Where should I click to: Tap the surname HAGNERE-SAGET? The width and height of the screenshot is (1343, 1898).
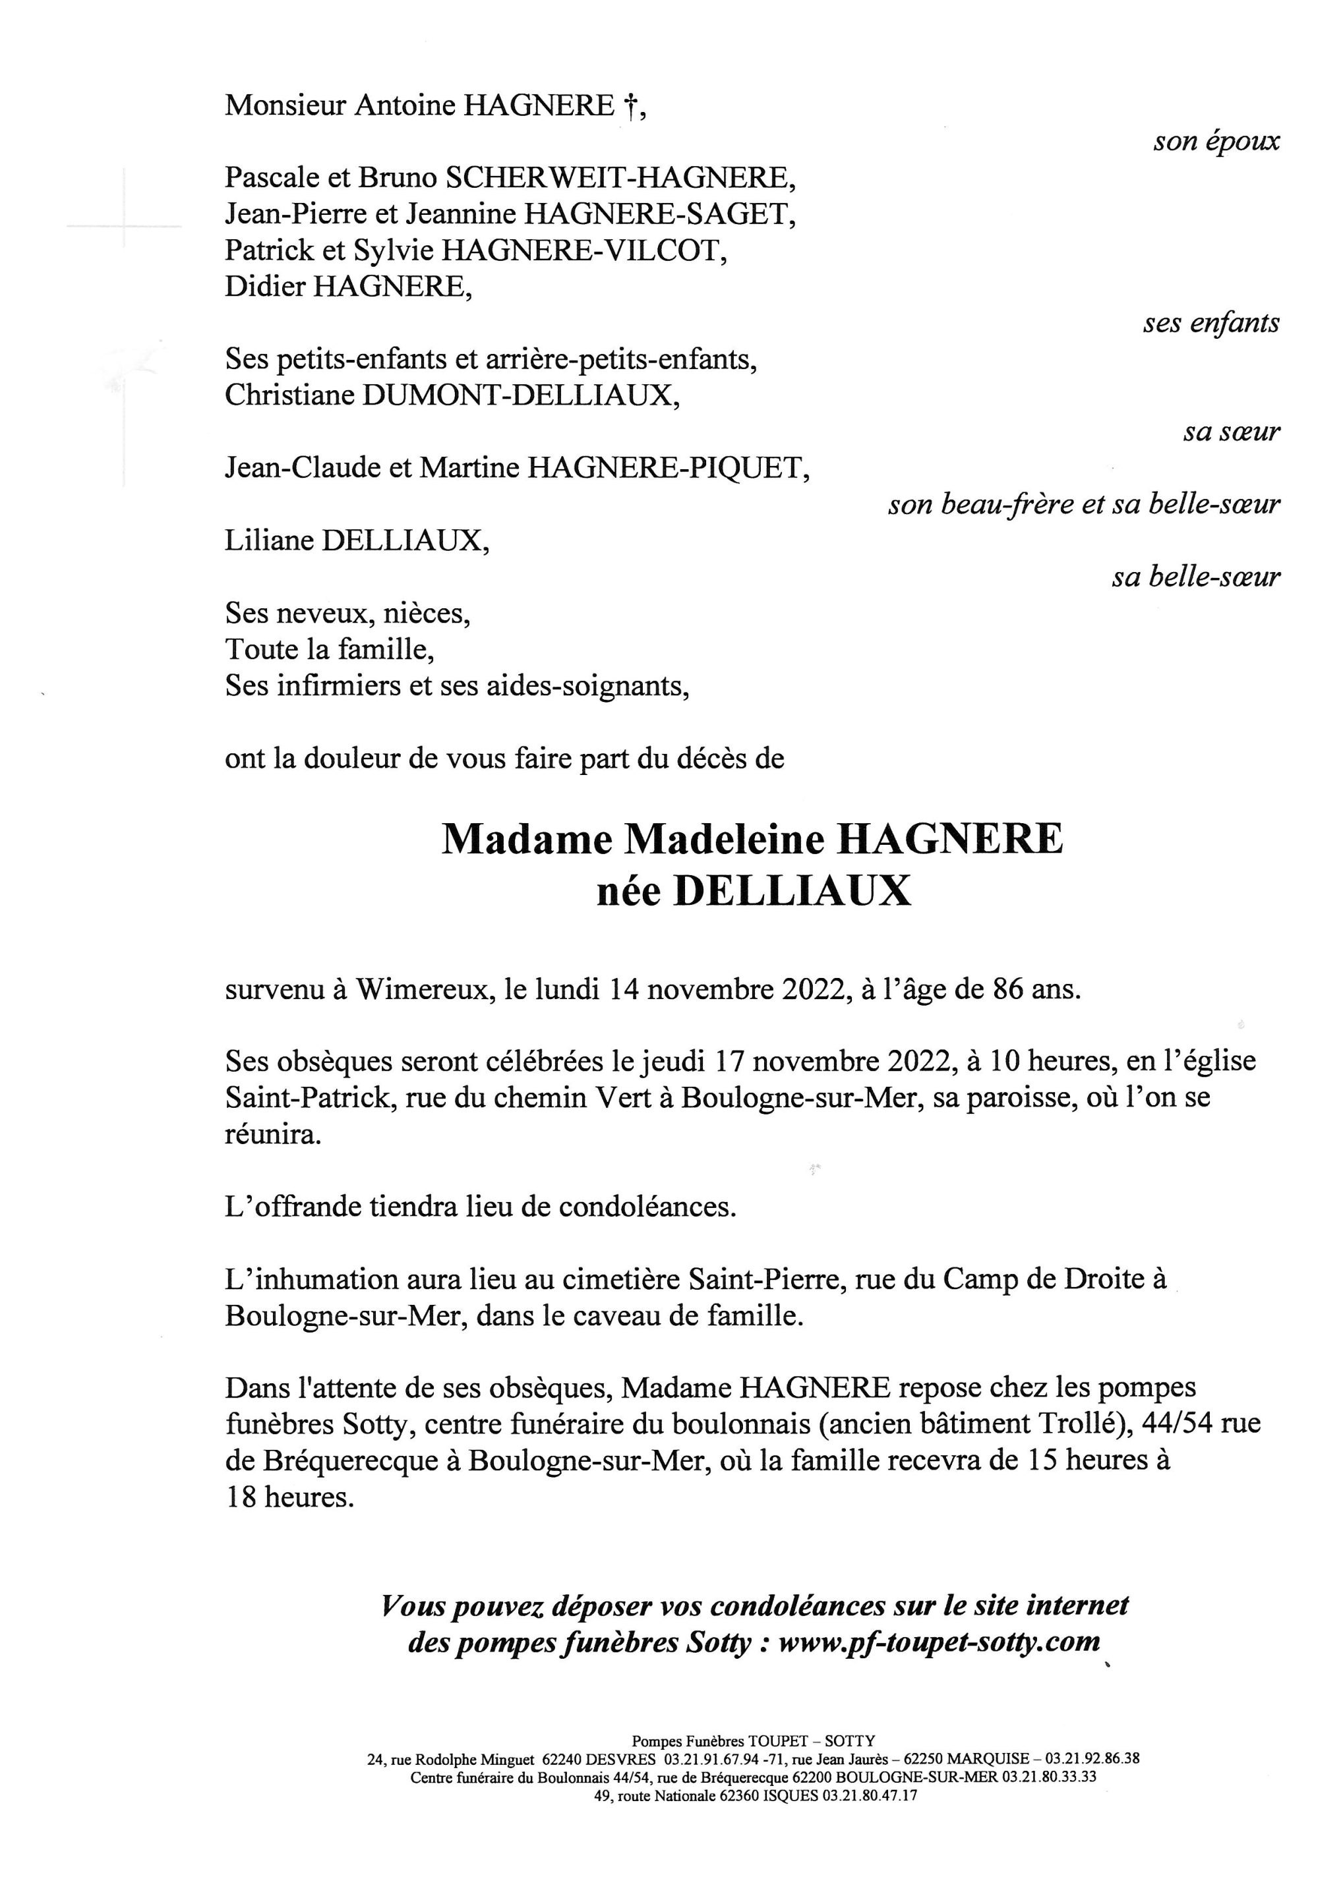coord(658,215)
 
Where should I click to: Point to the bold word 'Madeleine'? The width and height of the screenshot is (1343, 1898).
coord(724,840)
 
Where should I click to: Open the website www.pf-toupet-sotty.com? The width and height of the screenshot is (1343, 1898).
coord(940,1642)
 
